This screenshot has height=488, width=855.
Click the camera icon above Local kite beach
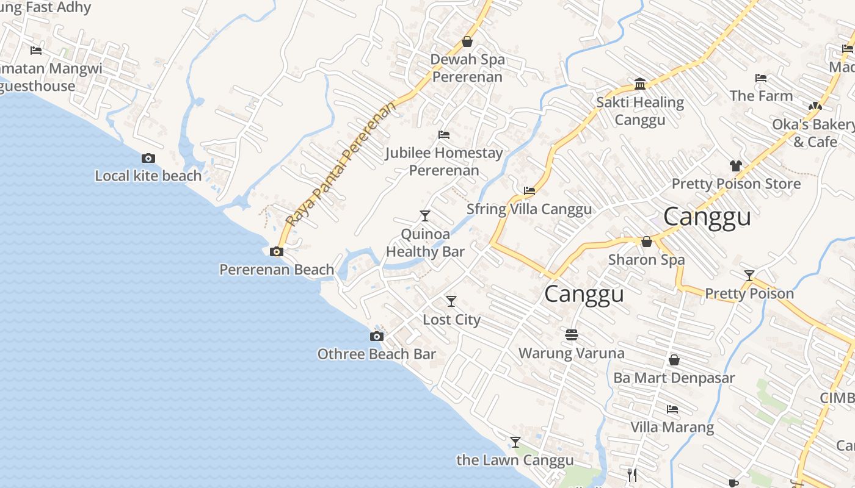click(x=148, y=159)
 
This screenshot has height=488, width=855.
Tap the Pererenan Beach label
click(x=277, y=270)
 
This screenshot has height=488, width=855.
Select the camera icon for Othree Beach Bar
click(x=377, y=337)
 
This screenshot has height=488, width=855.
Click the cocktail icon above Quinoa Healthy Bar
click(x=425, y=216)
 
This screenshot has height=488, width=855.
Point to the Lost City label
click(x=451, y=320)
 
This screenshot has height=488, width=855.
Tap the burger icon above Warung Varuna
click(x=572, y=335)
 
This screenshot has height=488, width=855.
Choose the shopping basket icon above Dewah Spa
click(x=467, y=41)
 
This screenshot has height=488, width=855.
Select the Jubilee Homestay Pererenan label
click(x=444, y=162)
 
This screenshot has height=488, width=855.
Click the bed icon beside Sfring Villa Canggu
click(x=529, y=191)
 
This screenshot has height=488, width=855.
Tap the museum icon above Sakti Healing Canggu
click(x=640, y=84)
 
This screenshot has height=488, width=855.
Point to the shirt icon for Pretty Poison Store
click(x=736, y=166)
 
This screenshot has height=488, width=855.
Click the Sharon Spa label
click(x=646, y=260)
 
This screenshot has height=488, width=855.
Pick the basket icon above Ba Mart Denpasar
click(x=674, y=361)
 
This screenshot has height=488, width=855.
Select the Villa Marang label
click(x=672, y=427)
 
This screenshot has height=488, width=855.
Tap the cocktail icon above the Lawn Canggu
click(x=515, y=442)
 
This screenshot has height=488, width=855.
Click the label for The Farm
click(x=761, y=96)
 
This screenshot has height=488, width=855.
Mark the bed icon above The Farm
click(x=761, y=78)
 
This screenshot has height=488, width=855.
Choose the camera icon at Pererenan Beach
click(x=277, y=252)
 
